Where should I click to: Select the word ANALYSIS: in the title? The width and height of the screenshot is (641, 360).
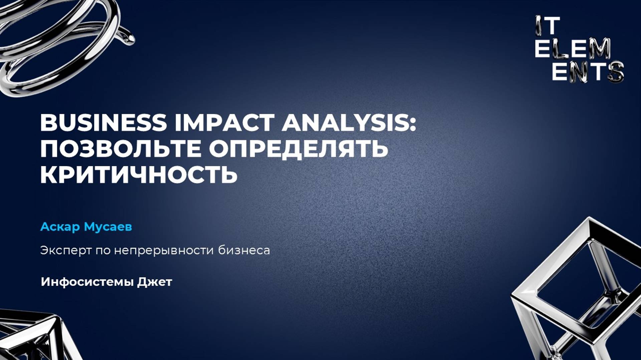pyautogui.click(x=349, y=123)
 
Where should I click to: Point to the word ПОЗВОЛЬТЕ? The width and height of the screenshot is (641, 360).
pyautogui.click(x=120, y=149)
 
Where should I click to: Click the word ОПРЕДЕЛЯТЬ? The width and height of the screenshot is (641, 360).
pyautogui.click(x=298, y=149)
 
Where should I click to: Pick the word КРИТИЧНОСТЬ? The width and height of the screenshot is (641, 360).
pyautogui.click(x=139, y=174)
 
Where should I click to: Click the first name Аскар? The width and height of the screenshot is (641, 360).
pyautogui.click(x=60, y=227)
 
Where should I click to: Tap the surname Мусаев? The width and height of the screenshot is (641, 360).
pyautogui.click(x=108, y=227)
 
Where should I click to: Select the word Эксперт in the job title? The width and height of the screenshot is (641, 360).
pyautogui.click(x=66, y=250)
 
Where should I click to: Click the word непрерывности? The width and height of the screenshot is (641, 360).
pyautogui.click(x=164, y=250)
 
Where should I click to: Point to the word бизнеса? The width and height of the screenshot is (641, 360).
pyautogui.click(x=244, y=250)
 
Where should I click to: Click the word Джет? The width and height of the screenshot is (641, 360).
pyautogui.click(x=155, y=282)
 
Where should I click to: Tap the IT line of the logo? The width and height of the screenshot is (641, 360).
pyautogui.click(x=548, y=26)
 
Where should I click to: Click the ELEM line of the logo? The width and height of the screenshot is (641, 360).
pyautogui.click(x=573, y=48)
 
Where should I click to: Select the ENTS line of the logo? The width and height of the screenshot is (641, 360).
pyautogui.click(x=588, y=71)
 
